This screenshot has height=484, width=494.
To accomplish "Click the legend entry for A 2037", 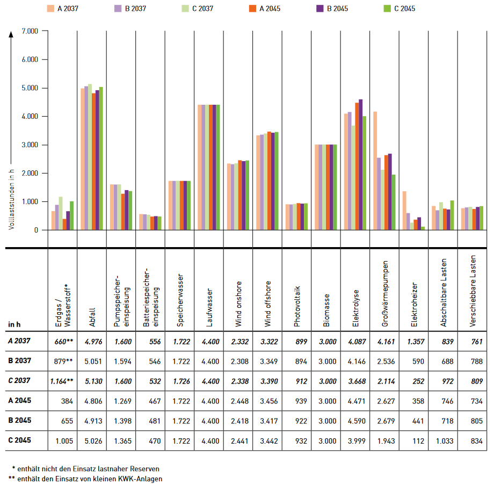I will [68, 9].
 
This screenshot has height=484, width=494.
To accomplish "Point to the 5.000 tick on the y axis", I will [30, 88].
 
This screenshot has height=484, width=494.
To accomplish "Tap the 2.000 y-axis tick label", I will [30, 174].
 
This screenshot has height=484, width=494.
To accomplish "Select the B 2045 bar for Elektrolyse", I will [361, 164].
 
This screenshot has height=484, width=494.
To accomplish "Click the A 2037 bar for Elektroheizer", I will [404, 211].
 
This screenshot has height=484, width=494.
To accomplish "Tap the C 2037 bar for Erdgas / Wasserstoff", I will [61, 213].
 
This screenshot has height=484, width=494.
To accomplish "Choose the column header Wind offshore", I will [267, 304].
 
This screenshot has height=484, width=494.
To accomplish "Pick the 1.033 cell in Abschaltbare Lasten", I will [444, 441].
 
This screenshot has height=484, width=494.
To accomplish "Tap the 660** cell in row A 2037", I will [63, 341].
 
